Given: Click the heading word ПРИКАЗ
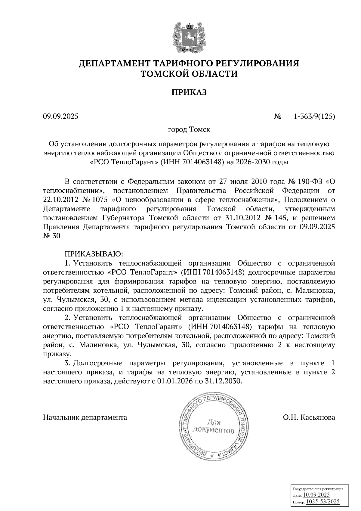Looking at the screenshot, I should point(189,92).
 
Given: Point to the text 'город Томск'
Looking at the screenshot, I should point(189,130).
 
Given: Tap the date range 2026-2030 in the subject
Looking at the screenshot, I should point(254,162).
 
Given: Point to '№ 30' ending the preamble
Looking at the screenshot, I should point(52,236).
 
